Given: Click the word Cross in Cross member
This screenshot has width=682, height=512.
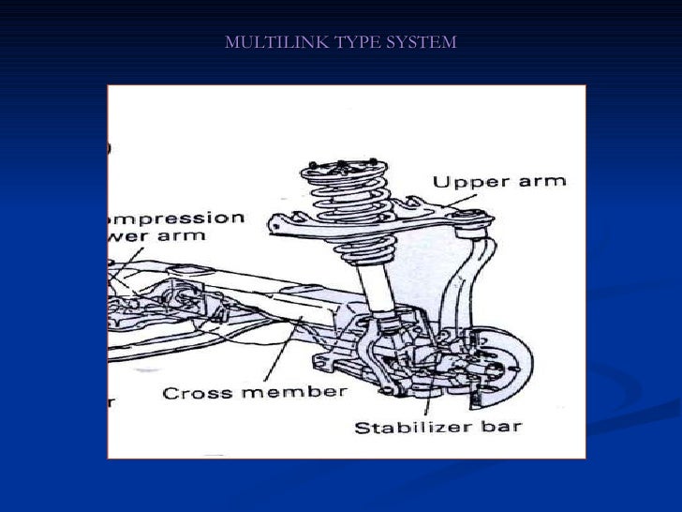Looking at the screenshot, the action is (193, 392).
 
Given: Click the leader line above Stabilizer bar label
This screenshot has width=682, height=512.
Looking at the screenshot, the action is (429, 399).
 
